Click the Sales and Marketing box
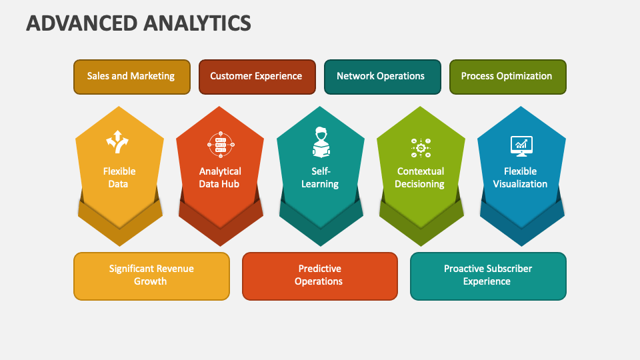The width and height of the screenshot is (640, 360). (x=131, y=76)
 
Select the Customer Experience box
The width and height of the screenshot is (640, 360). (x=256, y=76)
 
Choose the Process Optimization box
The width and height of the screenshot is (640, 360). (x=507, y=76)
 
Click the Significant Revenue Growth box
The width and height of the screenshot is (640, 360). (x=151, y=275)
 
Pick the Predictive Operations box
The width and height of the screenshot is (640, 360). (x=319, y=275)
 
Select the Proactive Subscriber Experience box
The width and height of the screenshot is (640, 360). (x=488, y=275)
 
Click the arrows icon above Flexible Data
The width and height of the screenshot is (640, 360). (x=118, y=142)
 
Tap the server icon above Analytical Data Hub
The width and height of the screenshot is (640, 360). (x=219, y=143)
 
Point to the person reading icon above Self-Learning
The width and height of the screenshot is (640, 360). (x=321, y=141)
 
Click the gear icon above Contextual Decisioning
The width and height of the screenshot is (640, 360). (x=421, y=147)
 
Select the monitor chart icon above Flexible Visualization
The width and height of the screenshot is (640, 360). (x=521, y=144)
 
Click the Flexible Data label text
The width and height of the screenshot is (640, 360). (x=119, y=177)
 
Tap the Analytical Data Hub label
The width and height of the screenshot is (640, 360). (x=219, y=177)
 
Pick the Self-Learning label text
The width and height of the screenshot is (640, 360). (x=320, y=177)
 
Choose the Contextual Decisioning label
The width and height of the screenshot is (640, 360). (x=420, y=177)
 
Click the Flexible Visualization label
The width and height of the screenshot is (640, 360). (x=520, y=177)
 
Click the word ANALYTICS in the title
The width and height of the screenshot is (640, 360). (x=197, y=23)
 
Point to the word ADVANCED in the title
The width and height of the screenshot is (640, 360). (x=81, y=23)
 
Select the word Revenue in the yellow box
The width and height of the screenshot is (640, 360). (x=172, y=269)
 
